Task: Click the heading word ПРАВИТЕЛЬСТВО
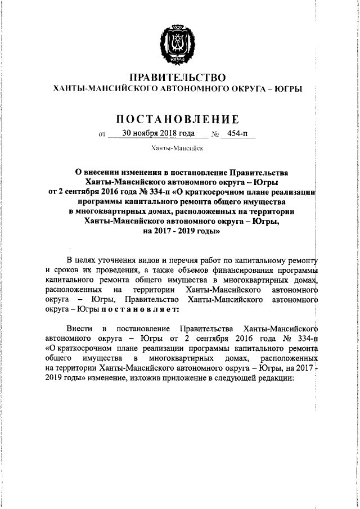coord(178,77)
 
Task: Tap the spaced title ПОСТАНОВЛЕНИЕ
coord(178,119)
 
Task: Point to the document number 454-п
coord(238,133)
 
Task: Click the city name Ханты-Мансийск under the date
coord(177,148)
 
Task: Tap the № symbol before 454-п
coord(215,134)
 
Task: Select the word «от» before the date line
coord(102,134)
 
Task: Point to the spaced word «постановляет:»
coord(140,309)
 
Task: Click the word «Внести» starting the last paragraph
coord(79,327)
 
